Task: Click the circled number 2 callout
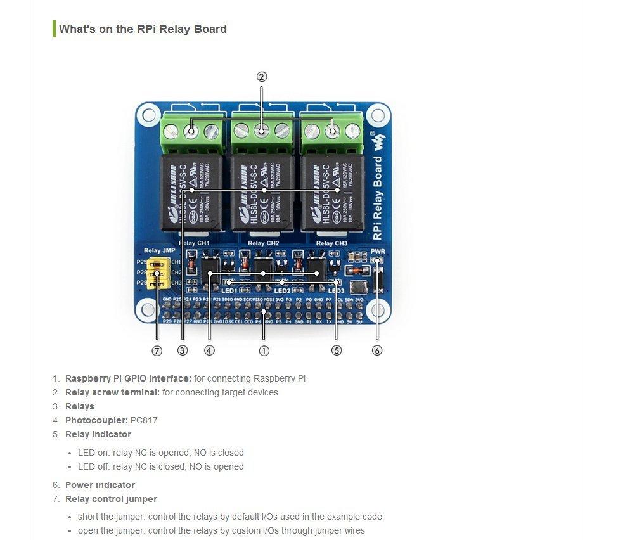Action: click(262, 77)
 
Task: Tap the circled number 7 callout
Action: click(157, 350)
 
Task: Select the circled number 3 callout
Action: click(183, 350)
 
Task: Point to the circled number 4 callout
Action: click(209, 350)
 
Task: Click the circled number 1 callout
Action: click(264, 350)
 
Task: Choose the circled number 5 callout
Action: click(337, 350)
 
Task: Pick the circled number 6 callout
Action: click(377, 350)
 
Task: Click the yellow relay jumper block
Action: click(155, 273)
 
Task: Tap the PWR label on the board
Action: click(378, 251)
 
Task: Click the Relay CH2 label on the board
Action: click(263, 243)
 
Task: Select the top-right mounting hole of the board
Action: click(378, 115)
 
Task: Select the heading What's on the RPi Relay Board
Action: click(143, 29)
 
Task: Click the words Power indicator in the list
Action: click(100, 485)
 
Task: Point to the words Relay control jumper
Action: click(111, 499)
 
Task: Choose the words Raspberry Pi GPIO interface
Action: click(128, 378)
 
